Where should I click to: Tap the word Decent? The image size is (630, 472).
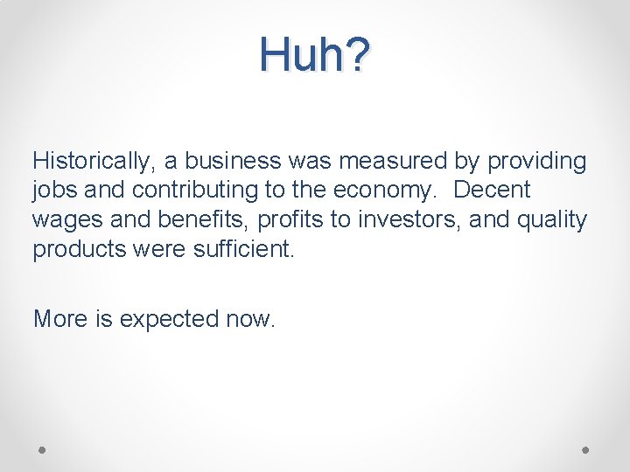coord(493,191)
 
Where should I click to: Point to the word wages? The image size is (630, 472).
coord(63,219)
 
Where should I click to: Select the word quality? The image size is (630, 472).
coord(554,219)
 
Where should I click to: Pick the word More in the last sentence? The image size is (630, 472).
coord(59,319)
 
